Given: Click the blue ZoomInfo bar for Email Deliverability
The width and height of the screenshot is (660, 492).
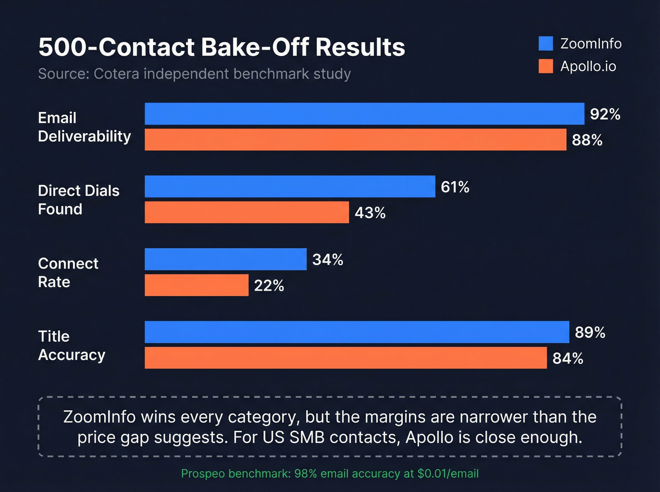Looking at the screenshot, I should (364, 113).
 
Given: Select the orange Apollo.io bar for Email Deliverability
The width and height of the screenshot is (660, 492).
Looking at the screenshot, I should (355, 140).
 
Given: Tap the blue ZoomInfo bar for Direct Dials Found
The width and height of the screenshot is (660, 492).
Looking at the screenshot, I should (289, 186).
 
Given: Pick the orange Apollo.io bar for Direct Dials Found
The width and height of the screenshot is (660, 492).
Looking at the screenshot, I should (247, 212).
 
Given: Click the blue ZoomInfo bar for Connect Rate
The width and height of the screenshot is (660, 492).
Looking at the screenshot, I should (225, 259).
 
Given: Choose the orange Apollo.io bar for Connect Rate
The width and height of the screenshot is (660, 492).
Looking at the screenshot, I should (196, 285).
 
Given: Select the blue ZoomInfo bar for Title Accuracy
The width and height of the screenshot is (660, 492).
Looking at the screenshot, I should (356, 332).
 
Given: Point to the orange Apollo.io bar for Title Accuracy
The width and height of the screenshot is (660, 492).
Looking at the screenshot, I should (345, 358).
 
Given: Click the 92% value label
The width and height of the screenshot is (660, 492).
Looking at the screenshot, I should (605, 114).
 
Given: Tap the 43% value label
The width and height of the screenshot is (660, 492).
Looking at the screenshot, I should (370, 213).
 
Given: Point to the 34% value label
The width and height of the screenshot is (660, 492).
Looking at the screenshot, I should (328, 259).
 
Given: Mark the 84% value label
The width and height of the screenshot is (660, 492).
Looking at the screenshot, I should (568, 358).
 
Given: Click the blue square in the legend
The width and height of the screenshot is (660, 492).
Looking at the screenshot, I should (545, 43).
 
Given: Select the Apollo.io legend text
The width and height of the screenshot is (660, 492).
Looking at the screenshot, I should (588, 66).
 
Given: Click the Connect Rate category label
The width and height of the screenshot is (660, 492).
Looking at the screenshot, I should (68, 273).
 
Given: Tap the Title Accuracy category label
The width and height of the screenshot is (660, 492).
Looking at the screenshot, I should (71, 346).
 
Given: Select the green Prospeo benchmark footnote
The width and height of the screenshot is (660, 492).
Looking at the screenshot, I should (330, 473).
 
